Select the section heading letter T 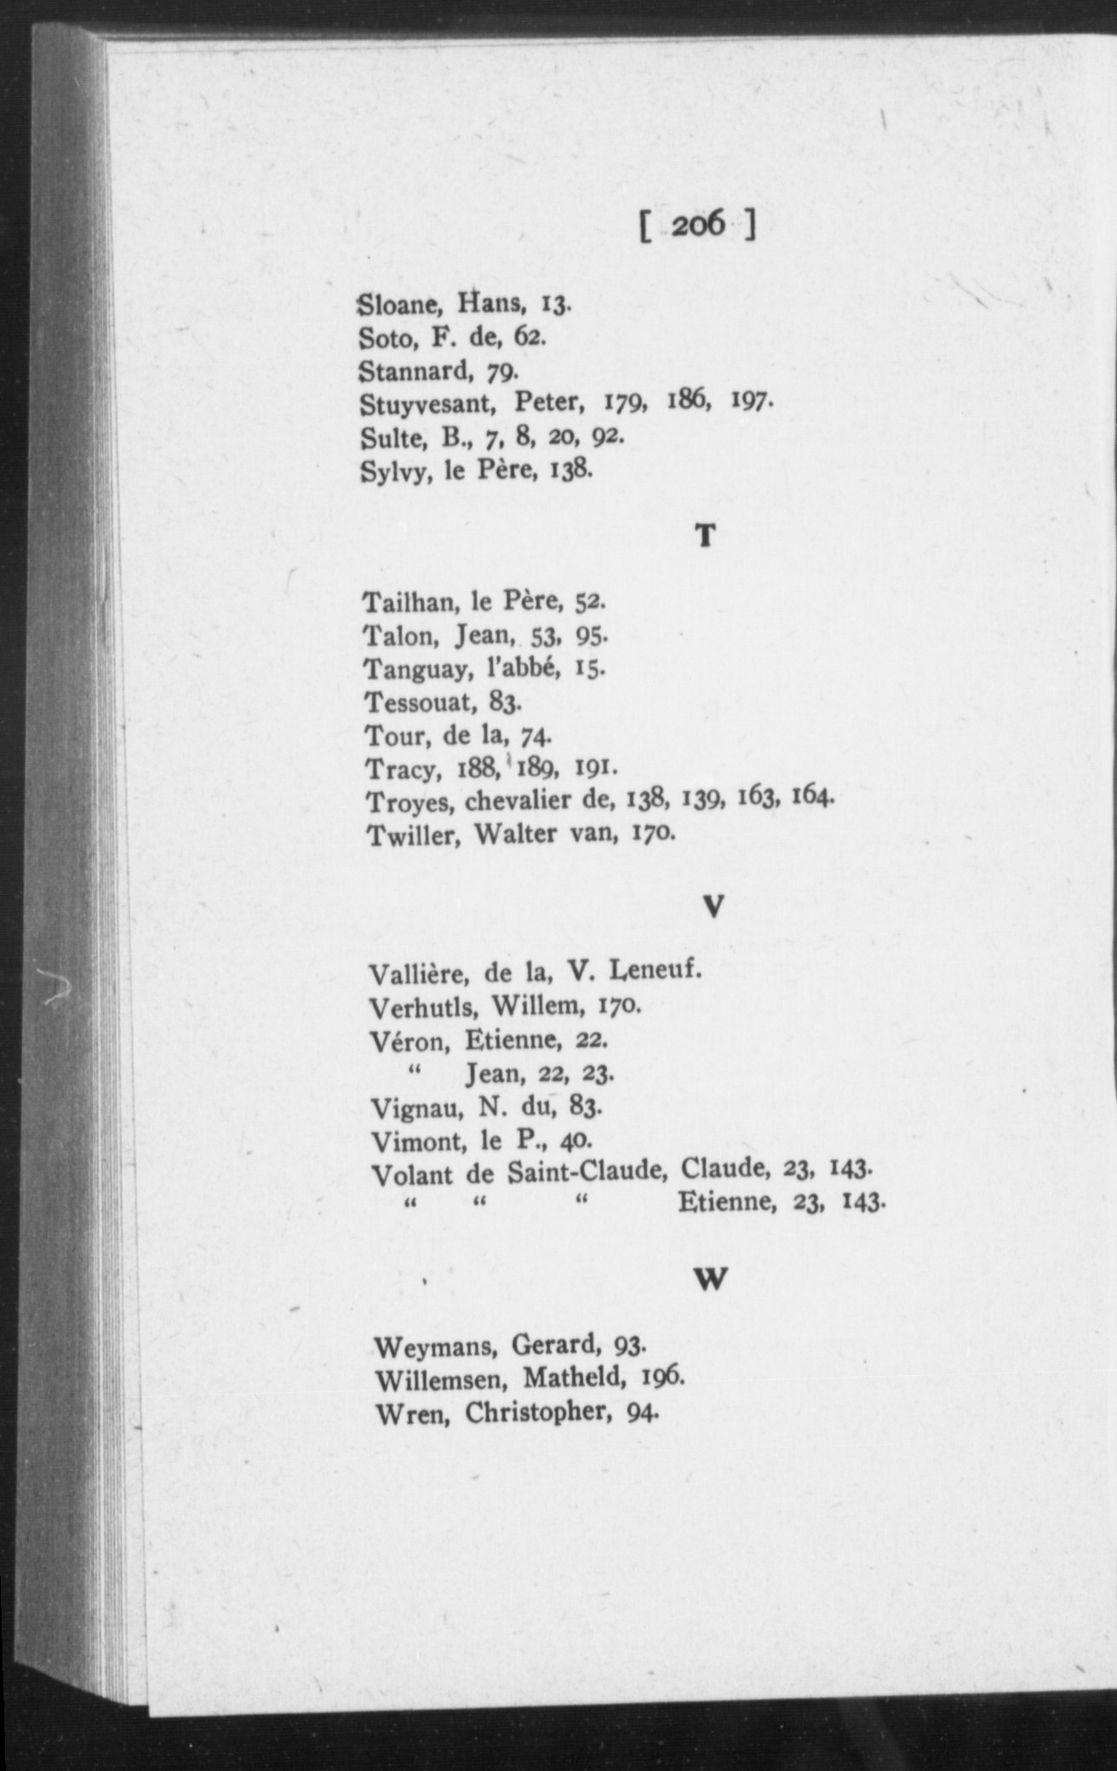coord(705,536)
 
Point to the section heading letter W coord(711,1279)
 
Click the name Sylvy coord(394,471)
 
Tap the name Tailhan coord(411,603)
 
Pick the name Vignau coord(413,1107)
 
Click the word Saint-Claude coord(586,1174)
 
